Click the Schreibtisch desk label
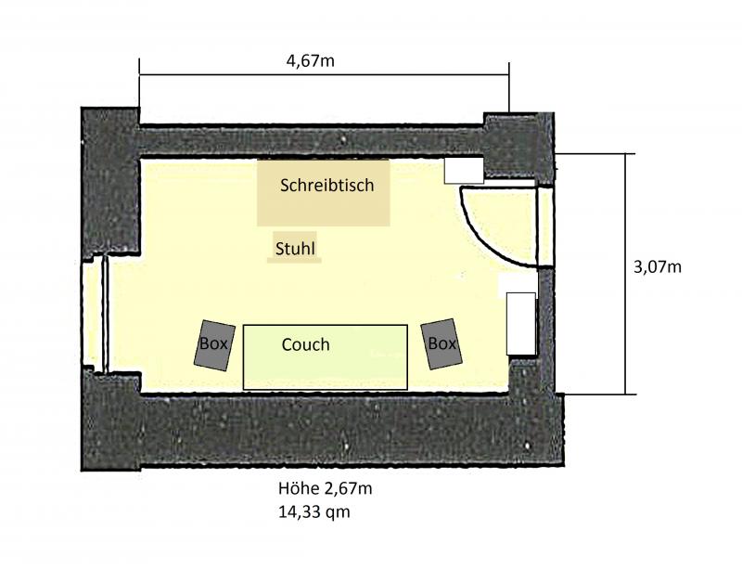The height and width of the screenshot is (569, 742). [327, 185]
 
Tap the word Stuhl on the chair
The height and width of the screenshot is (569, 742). [295, 248]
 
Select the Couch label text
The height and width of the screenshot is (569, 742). [306, 344]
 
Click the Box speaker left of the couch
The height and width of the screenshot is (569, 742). [214, 345]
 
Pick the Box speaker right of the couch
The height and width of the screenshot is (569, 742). [442, 344]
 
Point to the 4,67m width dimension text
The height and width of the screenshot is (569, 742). [311, 61]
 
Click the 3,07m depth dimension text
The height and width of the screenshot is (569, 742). [658, 267]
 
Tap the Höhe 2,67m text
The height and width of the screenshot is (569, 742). [326, 488]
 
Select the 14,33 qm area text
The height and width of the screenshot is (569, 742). [314, 511]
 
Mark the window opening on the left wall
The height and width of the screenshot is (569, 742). [96, 315]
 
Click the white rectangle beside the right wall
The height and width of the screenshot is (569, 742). [521, 324]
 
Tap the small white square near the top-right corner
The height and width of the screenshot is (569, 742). [464, 171]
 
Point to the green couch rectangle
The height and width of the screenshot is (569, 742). [326, 357]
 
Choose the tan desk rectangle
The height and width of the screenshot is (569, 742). [323, 192]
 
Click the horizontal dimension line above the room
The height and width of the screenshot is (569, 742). [324, 74]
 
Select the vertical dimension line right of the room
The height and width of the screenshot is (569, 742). [625, 274]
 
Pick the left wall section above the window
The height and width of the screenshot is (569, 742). [110, 183]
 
